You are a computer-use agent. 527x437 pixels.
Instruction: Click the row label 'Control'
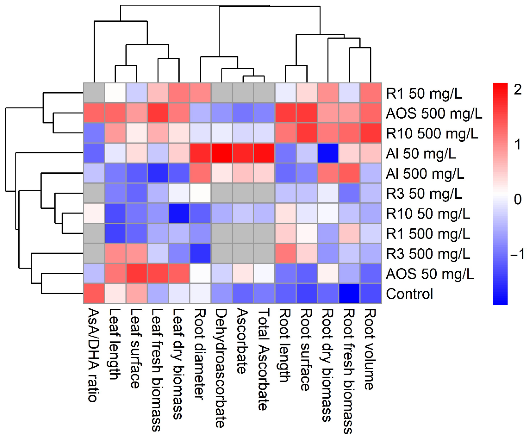coord(409,294)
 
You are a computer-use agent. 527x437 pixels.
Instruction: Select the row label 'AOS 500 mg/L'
coord(434,114)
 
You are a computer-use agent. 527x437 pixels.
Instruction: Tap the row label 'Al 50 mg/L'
coord(421,154)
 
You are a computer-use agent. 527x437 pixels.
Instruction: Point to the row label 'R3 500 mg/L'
coord(428,254)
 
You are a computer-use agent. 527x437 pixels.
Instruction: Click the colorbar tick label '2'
coord(518,90)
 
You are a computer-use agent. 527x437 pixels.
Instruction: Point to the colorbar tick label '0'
coord(518,199)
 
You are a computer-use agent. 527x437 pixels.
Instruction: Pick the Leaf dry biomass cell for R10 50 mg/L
coord(179,213)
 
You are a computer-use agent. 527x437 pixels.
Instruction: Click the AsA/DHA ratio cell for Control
coord(94,294)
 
